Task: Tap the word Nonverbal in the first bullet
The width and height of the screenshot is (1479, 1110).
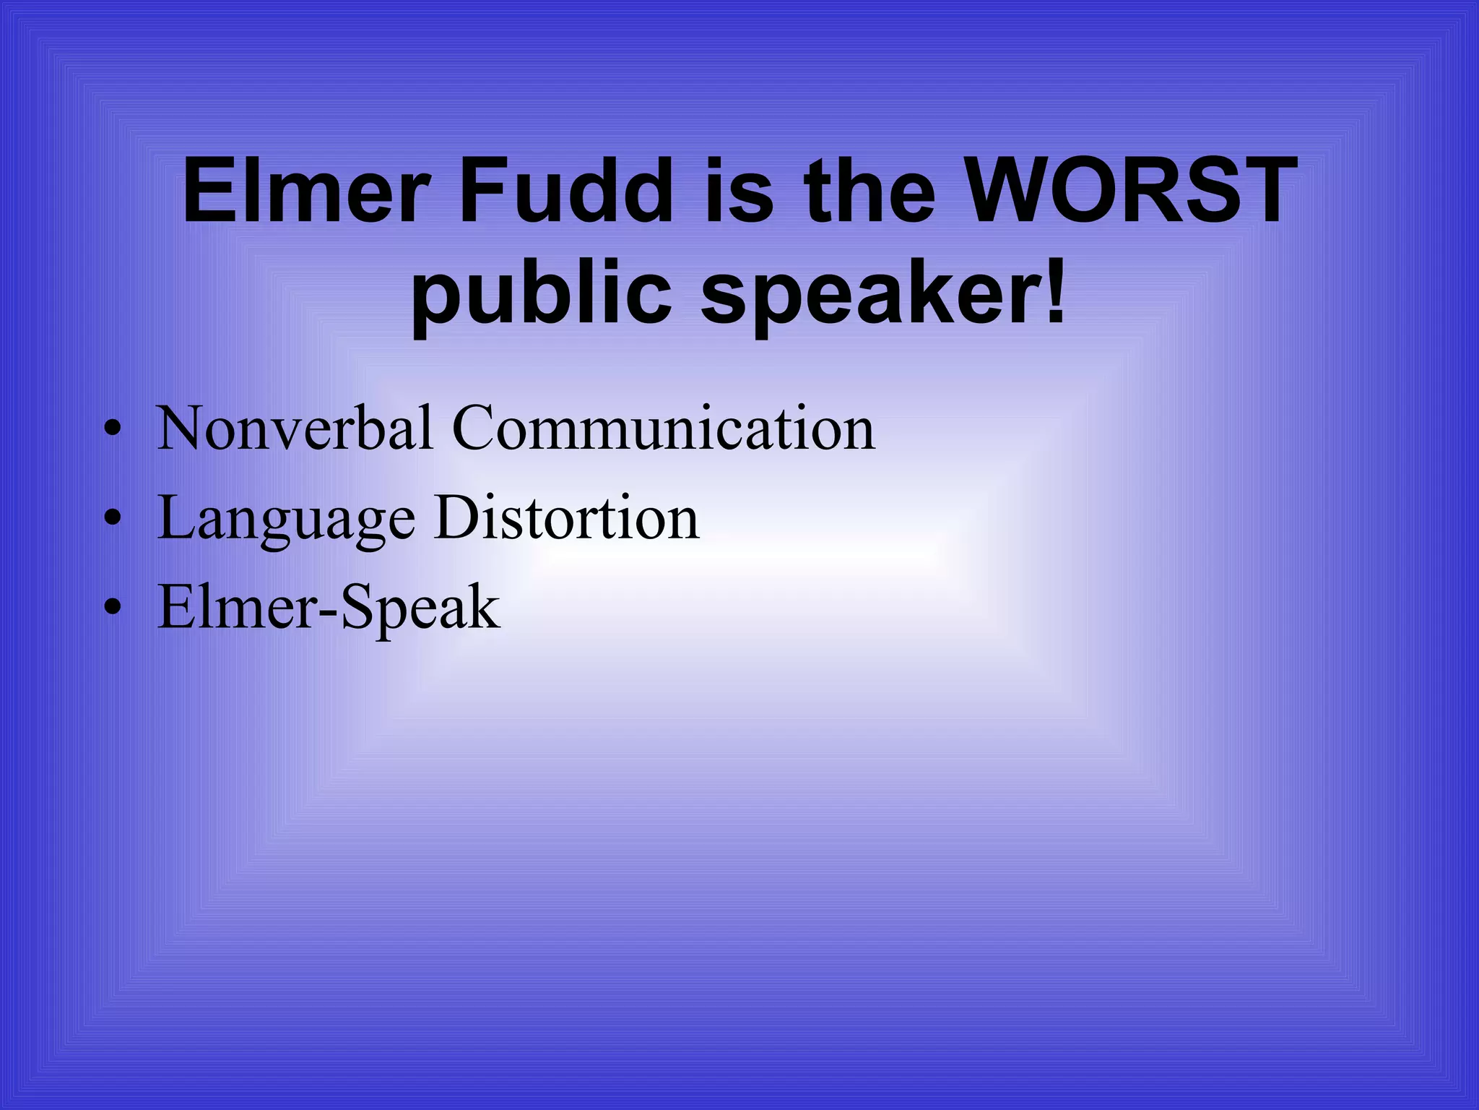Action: [x=295, y=428]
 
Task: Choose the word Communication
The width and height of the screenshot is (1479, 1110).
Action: [x=663, y=428]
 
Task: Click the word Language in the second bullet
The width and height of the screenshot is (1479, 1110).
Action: [x=286, y=519]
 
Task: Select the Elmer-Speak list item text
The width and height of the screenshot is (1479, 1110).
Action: [x=329, y=608]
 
